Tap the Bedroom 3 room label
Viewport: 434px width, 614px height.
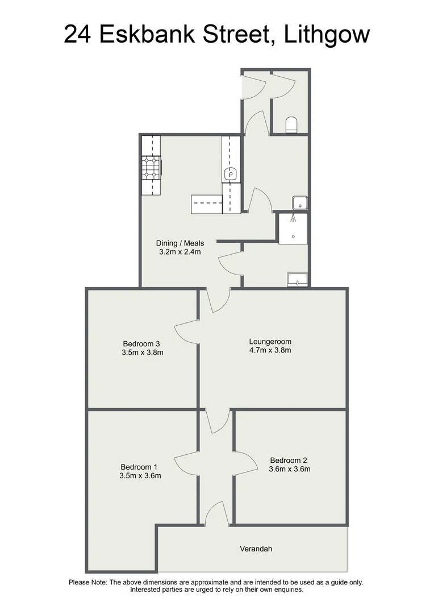point(141,343)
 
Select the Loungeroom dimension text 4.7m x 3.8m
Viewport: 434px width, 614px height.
point(270,350)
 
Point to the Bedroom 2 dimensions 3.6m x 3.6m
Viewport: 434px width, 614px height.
point(290,469)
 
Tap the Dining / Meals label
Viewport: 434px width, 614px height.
point(180,243)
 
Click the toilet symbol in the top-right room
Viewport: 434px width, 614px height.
point(291,125)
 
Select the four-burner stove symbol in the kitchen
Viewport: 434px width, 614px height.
point(151,168)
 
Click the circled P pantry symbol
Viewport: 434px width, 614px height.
point(231,175)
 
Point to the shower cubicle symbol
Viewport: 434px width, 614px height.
point(293,229)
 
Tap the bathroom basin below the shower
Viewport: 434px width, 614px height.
point(297,279)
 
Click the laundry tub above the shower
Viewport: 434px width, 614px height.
point(299,202)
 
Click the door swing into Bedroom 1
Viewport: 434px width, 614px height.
point(187,463)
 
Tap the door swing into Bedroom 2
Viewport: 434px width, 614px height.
point(244,463)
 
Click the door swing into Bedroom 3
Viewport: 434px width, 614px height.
point(187,331)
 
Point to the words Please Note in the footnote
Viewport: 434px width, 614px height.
point(87,582)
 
